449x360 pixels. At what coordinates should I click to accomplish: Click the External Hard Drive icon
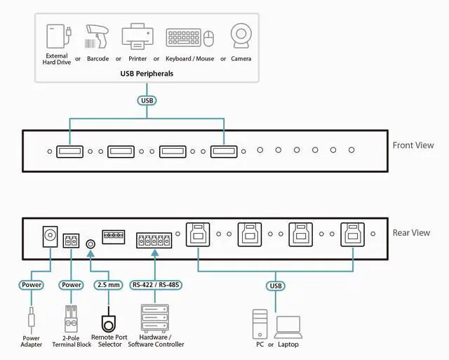pyautogui.click(x=57, y=36)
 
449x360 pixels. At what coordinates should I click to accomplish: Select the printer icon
pyautogui.click(x=136, y=36)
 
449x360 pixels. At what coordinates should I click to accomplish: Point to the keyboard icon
pyautogui.click(x=185, y=37)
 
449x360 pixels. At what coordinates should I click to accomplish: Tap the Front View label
pyautogui.click(x=413, y=145)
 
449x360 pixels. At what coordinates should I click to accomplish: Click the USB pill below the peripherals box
pyautogui.click(x=147, y=100)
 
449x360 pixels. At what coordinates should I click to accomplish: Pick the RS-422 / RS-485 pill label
pyautogui.click(x=155, y=286)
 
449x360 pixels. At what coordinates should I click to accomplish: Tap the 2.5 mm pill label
pyautogui.click(x=108, y=286)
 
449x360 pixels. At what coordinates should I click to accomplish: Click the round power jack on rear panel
pyautogui.click(x=50, y=235)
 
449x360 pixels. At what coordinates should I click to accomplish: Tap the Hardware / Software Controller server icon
pyautogui.click(x=156, y=320)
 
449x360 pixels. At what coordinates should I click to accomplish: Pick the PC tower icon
pyautogui.click(x=260, y=324)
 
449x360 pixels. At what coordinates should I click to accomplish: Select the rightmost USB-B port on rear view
pyautogui.click(x=353, y=234)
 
